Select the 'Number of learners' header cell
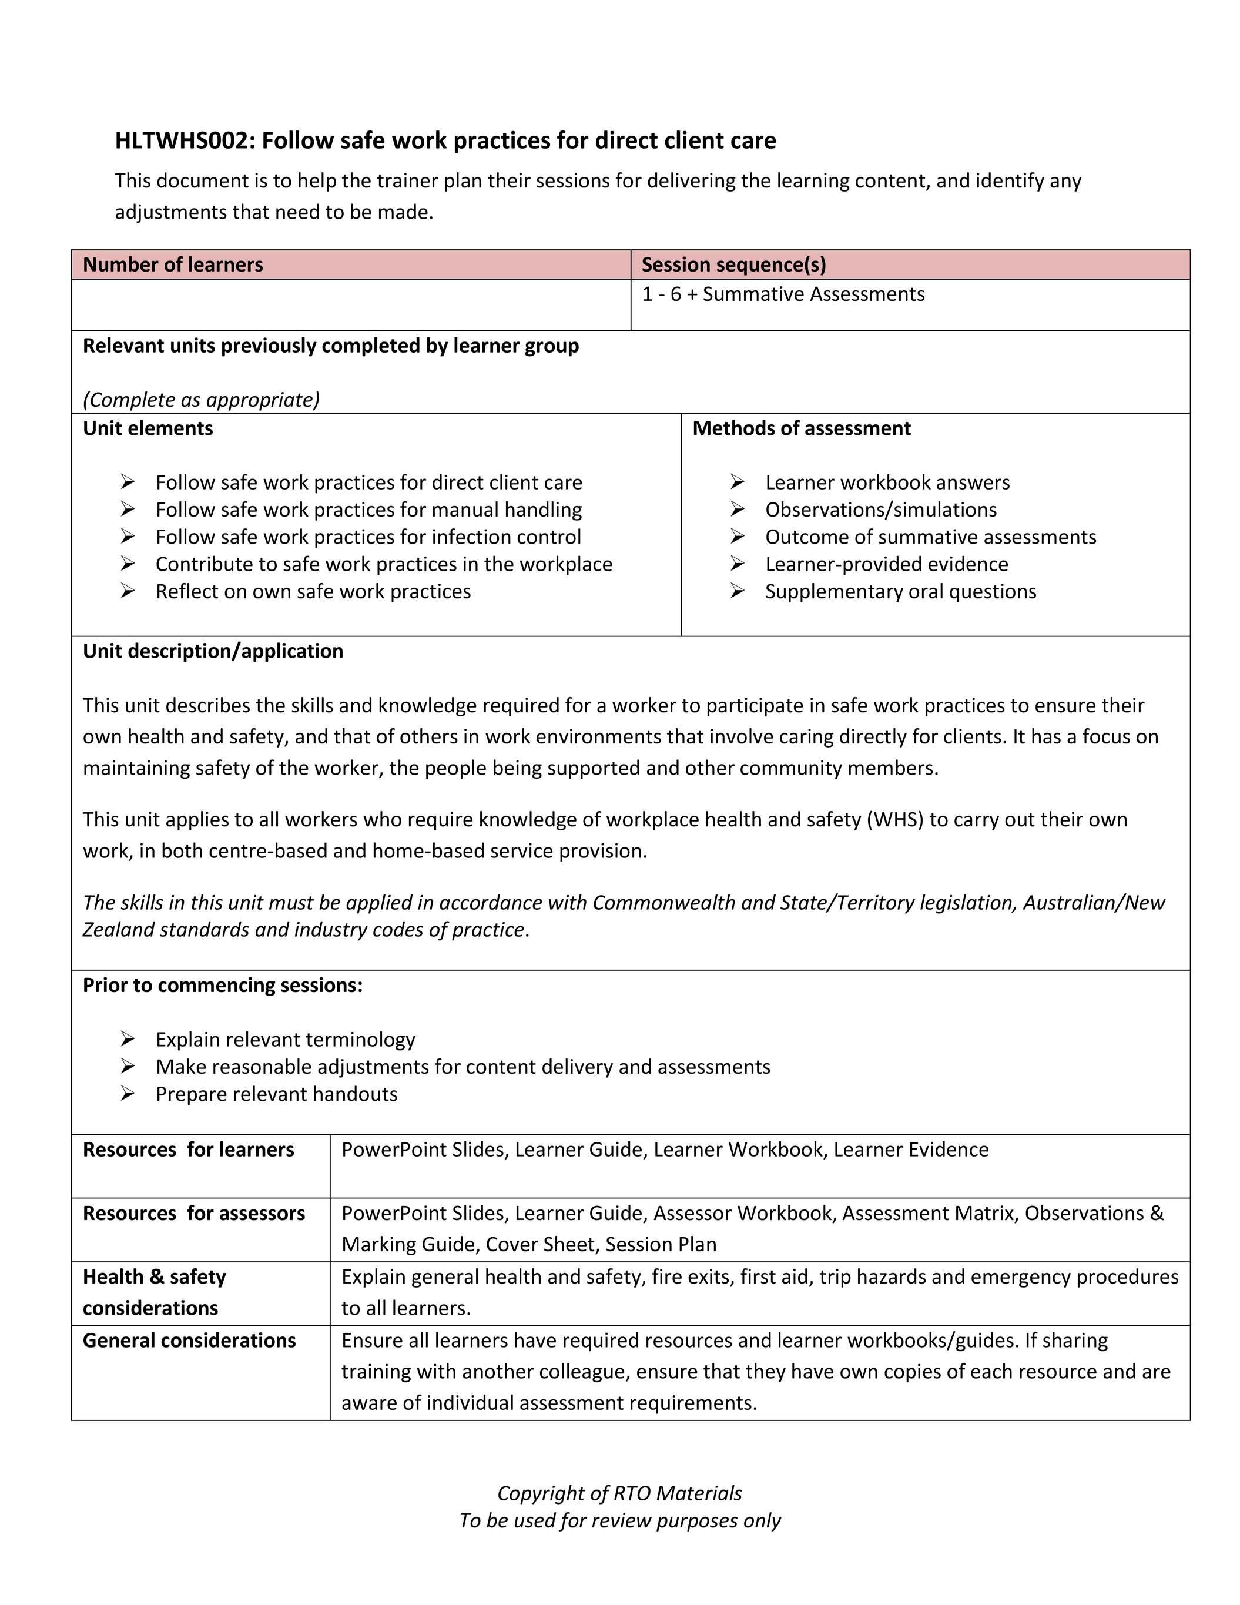[173, 264]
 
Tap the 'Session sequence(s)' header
[733, 264]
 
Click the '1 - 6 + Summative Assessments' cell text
[783, 294]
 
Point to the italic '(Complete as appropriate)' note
[200, 399]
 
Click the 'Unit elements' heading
[148, 428]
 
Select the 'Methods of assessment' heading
[801, 428]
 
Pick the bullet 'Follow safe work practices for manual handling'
[368, 510]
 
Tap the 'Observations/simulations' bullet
[880, 510]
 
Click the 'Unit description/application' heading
[212, 651]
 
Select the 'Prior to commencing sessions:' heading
[223, 985]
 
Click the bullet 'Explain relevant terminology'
[285, 1039]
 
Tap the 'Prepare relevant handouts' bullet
[276, 1094]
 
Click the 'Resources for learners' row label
[188, 1150]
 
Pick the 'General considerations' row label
[189, 1340]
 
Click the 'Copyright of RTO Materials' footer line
[619, 1493]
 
